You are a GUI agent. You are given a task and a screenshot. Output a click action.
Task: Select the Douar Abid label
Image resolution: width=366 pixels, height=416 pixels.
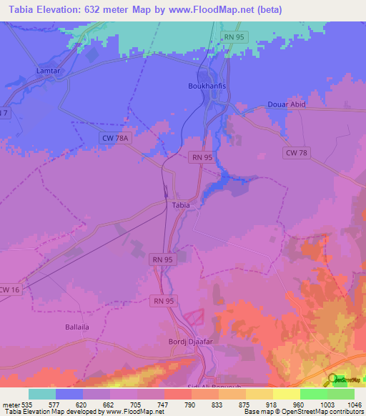pyautogui.click(x=287, y=104)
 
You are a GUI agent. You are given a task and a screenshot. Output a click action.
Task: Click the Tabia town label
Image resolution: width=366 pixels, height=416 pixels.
pyautogui.click(x=182, y=205)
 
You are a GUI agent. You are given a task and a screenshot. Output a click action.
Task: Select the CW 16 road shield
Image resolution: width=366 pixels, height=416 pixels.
pyautogui.click(x=9, y=289)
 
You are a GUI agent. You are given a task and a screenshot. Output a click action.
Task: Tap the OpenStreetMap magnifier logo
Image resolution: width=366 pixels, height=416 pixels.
pyautogui.click(x=332, y=380)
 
